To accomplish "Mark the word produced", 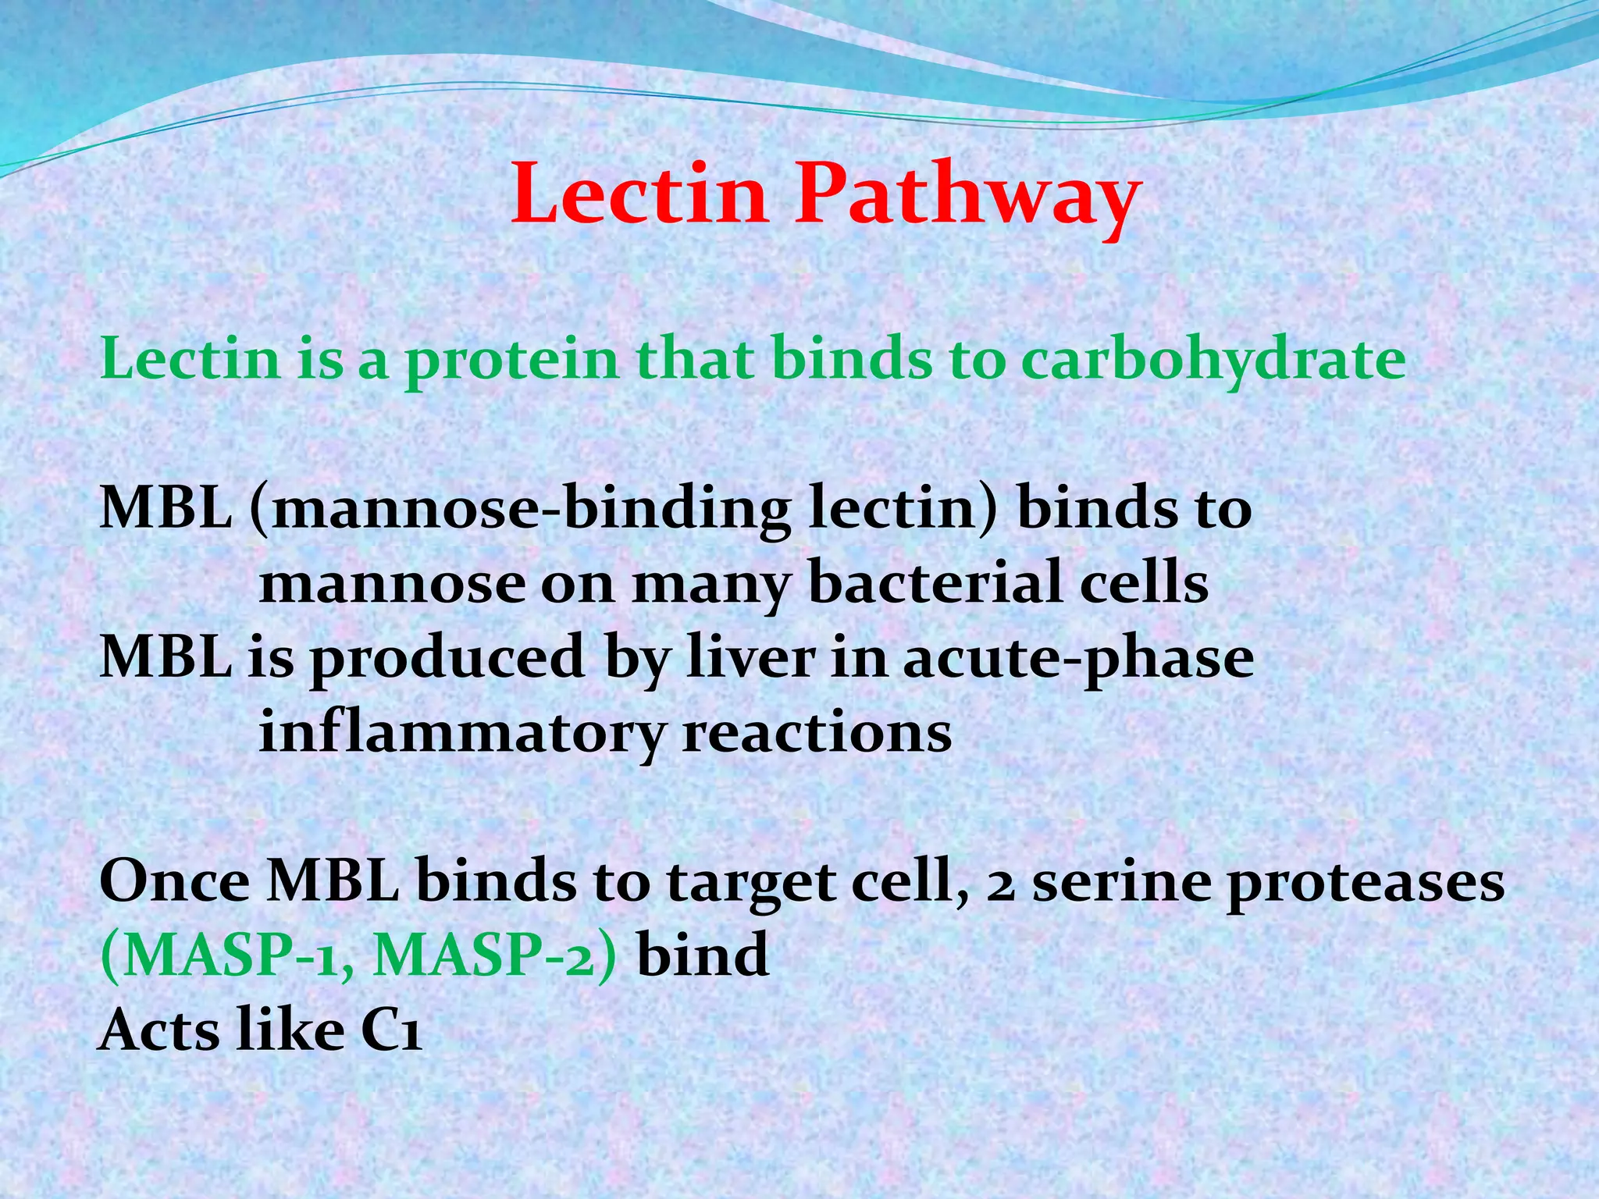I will tap(447, 657).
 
